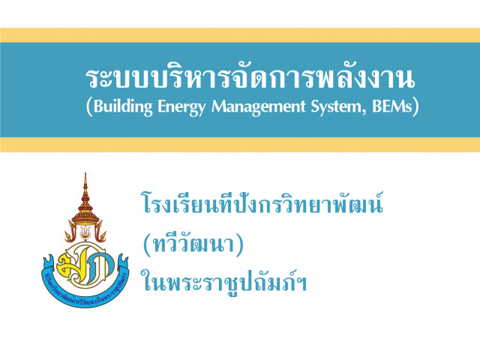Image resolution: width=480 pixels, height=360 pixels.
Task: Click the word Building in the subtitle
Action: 123,107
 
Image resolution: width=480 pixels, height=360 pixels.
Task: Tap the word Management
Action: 259,107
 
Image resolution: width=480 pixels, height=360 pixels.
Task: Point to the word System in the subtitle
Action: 336,107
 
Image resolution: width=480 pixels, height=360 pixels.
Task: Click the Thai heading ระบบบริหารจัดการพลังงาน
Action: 250,79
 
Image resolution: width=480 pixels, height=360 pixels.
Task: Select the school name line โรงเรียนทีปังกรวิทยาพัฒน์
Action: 262,202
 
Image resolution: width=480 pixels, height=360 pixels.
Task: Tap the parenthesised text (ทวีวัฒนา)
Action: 193,244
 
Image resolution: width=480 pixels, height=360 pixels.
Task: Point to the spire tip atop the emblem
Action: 85,173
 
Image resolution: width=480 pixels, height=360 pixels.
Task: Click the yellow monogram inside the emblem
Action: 85,264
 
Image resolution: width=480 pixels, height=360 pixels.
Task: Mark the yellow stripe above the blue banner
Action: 240,35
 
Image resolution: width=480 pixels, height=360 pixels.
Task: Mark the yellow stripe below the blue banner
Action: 240,145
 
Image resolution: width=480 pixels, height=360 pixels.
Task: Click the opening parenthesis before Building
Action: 89,106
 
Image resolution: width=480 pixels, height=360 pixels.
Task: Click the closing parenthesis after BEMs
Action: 415,106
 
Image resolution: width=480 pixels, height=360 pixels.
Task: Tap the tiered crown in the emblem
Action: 85,205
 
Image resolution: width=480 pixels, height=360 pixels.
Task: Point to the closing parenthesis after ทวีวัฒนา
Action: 240,245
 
